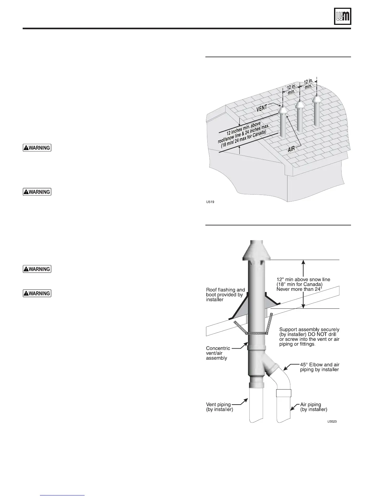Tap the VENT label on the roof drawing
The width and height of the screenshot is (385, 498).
(x=262, y=108)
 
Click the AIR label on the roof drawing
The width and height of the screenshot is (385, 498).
(x=292, y=149)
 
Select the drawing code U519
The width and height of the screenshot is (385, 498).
(x=210, y=202)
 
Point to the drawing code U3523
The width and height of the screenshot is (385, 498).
(x=334, y=422)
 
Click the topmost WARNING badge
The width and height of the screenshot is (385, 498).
(x=37, y=147)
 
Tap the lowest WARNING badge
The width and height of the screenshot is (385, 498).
(x=37, y=293)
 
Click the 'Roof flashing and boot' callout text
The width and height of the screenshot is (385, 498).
(x=225, y=295)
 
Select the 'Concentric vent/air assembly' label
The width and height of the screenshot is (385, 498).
(x=218, y=353)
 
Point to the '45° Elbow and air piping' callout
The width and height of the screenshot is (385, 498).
(x=319, y=367)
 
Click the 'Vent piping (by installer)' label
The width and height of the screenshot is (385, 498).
(x=220, y=407)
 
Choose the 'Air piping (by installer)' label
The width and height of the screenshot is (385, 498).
(x=313, y=407)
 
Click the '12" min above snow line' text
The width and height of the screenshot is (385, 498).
(x=303, y=279)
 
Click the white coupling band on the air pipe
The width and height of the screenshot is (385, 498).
(x=283, y=393)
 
